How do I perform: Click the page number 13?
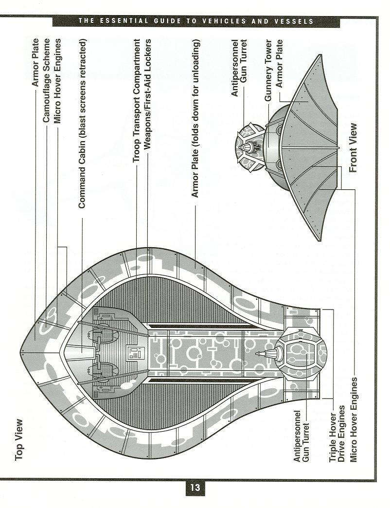(x=195, y=488)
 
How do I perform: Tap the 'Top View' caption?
(x=19, y=440)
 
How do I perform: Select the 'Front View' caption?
(x=353, y=148)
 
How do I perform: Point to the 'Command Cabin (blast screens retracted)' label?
(x=82, y=124)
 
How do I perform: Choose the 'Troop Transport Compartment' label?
(x=137, y=100)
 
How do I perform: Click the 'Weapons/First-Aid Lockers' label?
(x=147, y=94)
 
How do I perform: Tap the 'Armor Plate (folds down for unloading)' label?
(x=195, y=118)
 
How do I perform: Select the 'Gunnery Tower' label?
(x=268, y=70)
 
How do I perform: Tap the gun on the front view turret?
(x=244, y=147)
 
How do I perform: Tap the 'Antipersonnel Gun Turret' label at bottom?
(x=301, y=436)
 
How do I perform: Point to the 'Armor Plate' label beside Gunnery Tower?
(x=279, y=63)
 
